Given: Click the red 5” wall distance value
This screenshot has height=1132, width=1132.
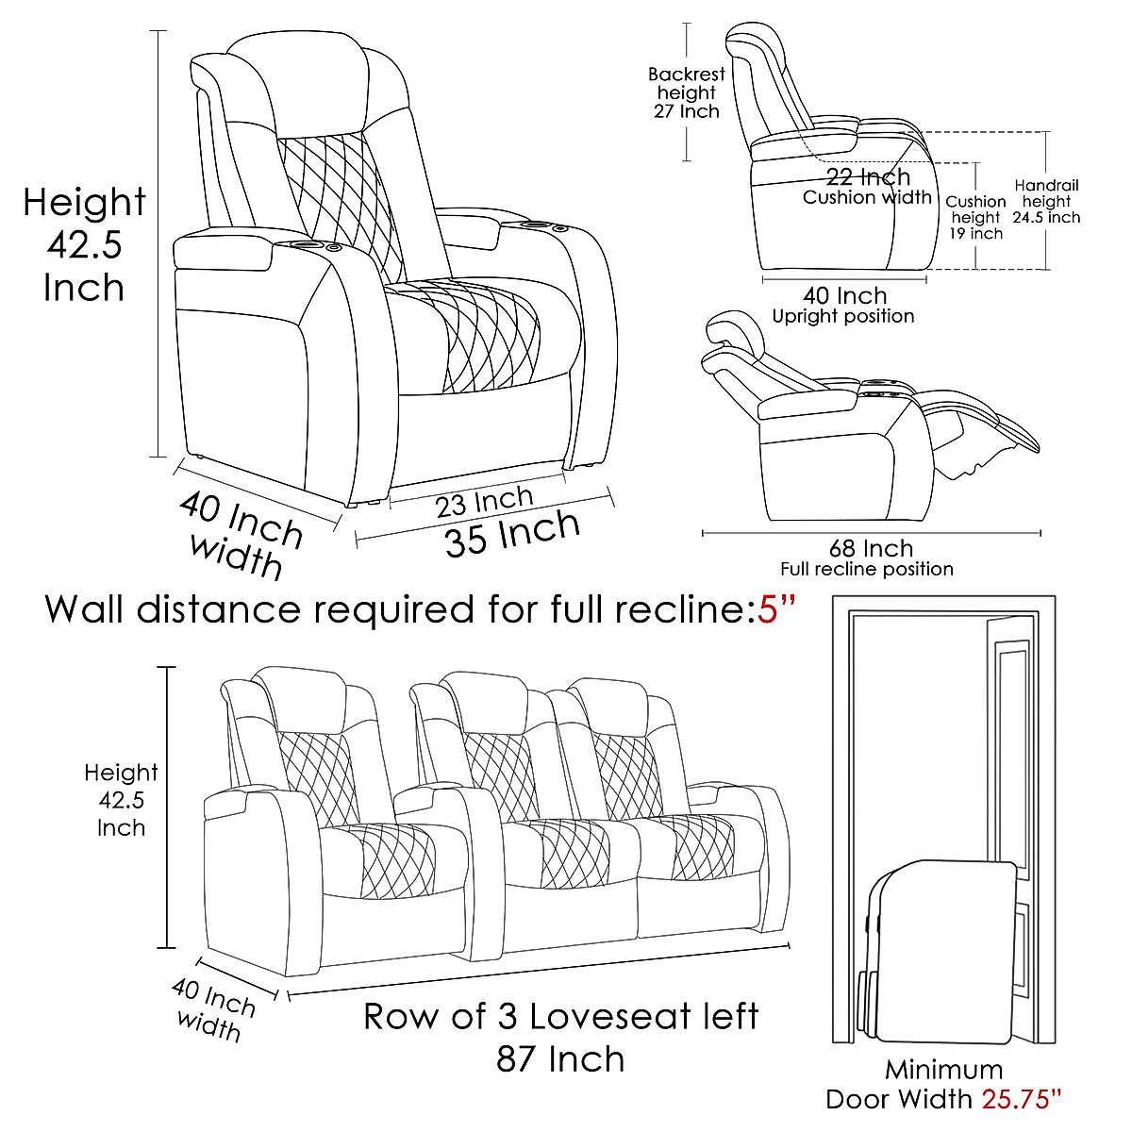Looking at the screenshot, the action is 776,609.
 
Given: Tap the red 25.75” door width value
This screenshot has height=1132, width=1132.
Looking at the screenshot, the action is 1023,1099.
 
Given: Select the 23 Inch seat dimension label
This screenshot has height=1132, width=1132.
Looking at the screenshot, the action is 484,501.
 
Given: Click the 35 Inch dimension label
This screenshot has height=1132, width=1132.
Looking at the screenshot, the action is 511,534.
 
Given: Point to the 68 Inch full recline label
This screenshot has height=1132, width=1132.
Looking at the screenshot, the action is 871,548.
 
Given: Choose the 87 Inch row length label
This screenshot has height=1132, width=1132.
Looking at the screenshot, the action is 560,1058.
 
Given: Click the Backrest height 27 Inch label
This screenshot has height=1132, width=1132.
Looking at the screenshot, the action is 687,92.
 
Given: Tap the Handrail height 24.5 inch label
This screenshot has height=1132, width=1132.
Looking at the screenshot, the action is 1046,201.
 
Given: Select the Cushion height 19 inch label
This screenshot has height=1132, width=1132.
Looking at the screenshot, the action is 975,216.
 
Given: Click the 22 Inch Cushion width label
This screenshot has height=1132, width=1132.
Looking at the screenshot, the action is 868,186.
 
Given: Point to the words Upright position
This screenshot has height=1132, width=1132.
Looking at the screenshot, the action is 842,317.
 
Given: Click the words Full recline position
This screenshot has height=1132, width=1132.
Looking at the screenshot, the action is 866,569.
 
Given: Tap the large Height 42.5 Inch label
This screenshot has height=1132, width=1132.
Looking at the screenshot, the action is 84,243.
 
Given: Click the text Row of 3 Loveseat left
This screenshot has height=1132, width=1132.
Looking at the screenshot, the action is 560,1017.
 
